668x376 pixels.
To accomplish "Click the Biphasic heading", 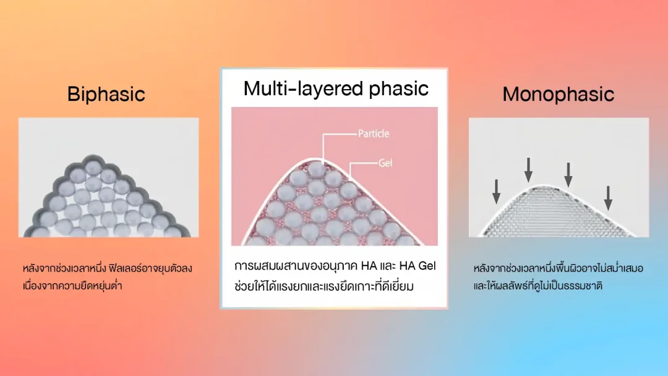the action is [x=106, y=94].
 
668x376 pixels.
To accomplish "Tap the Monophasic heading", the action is [x=558, y=94].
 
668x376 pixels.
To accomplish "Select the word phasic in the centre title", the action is [x=398, y=88].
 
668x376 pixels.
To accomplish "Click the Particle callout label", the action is [x=374, y=134].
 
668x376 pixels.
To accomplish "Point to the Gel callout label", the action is [x=385, y=163].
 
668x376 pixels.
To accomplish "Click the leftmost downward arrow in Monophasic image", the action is [x=496, y=191].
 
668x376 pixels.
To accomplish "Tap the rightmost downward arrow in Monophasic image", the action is [x=609, y=198].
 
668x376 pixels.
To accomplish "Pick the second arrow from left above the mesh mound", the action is [x=528, y=170].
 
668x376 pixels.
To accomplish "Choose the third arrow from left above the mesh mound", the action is [x=568, y=174].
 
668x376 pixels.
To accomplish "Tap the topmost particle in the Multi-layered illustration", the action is [x=317, y=169].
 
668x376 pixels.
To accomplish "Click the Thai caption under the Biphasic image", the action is [x=108, y=277].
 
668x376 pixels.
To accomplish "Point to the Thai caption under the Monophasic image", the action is [x=558, y=277].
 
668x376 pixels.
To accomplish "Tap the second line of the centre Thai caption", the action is [x=323, y=286].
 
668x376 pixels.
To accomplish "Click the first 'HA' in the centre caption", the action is [x=369, y=266].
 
